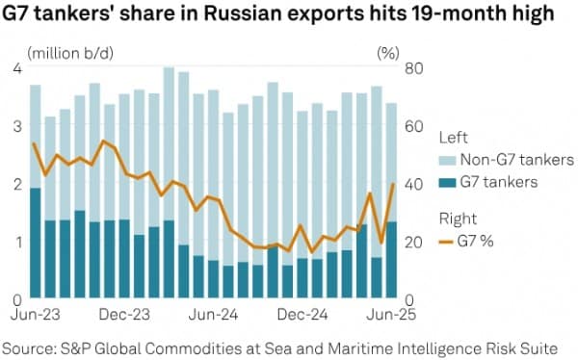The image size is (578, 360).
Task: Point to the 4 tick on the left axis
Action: [x=17, y=68]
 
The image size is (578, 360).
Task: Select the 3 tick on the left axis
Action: [x=17, y=126]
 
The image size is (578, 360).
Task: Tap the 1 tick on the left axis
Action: [x=17, y=242]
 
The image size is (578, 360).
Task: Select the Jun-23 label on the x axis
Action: [x=36, y=314]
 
